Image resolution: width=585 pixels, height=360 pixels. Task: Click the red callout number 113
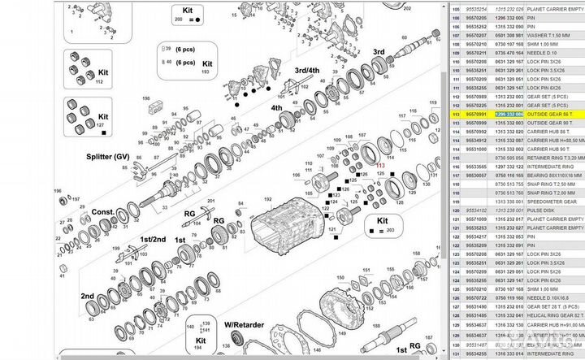click(379, 165)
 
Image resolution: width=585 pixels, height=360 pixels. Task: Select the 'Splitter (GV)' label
click(106, 156)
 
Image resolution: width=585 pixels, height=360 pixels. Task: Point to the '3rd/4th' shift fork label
click(309, 70)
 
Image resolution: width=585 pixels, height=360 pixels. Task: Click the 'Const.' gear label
click(103, 211)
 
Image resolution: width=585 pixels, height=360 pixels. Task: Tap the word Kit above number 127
click(102, 117)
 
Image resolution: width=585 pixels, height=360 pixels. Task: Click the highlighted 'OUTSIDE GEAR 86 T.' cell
click(556, 115)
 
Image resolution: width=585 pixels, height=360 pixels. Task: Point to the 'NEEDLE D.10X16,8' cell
click(554, 297)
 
